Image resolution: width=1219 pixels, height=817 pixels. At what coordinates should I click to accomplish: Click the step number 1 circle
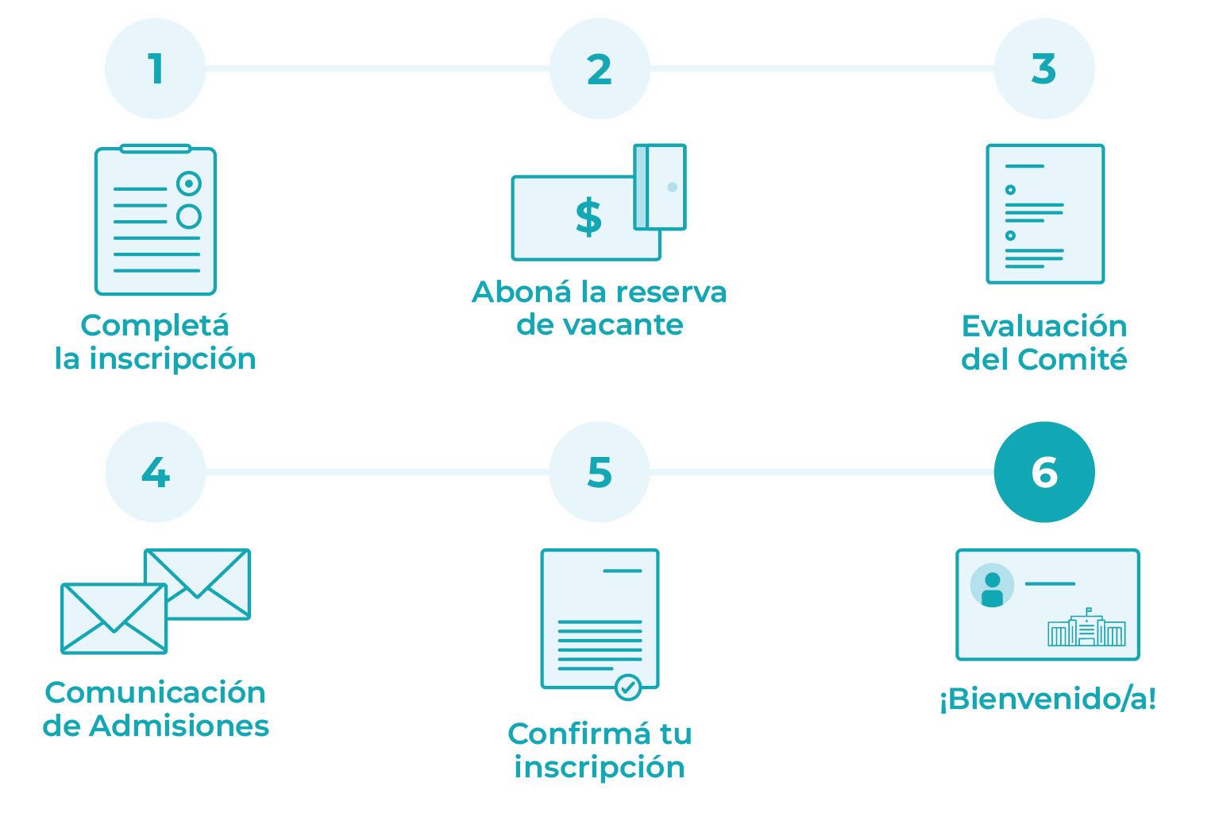[155, 68]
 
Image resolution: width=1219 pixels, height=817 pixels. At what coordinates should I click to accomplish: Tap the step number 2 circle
[600, 68]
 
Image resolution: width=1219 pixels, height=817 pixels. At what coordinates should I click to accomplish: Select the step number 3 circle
[1043, 68]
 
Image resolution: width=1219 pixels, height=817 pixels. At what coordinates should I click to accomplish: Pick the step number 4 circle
[155, 472]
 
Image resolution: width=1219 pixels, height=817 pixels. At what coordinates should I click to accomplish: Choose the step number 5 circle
[600, 472]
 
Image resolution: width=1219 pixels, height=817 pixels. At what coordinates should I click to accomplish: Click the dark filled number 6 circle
[1043, 472]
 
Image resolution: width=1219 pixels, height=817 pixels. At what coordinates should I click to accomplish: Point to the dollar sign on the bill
[588, 218]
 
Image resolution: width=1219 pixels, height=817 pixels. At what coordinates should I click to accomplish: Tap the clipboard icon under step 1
[156, 220]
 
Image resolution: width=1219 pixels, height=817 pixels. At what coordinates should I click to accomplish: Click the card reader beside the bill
[661, 188]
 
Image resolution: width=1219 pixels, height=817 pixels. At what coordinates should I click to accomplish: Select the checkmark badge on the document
[628, 687]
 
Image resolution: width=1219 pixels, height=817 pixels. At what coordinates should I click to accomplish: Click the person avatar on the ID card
[992, 587]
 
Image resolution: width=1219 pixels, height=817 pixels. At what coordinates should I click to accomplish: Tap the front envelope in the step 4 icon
[114, 618]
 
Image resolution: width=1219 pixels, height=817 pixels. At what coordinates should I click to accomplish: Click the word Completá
[155, 325]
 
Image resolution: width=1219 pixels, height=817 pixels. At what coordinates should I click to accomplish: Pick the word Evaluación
[1043, 326]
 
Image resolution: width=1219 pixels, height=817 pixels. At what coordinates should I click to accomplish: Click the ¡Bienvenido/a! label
[1047, 699]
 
